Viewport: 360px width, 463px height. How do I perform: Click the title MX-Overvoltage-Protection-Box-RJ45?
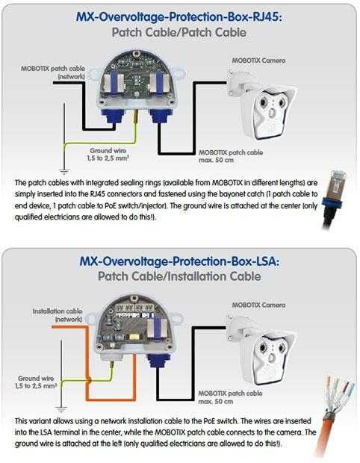[x=179, y=18]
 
